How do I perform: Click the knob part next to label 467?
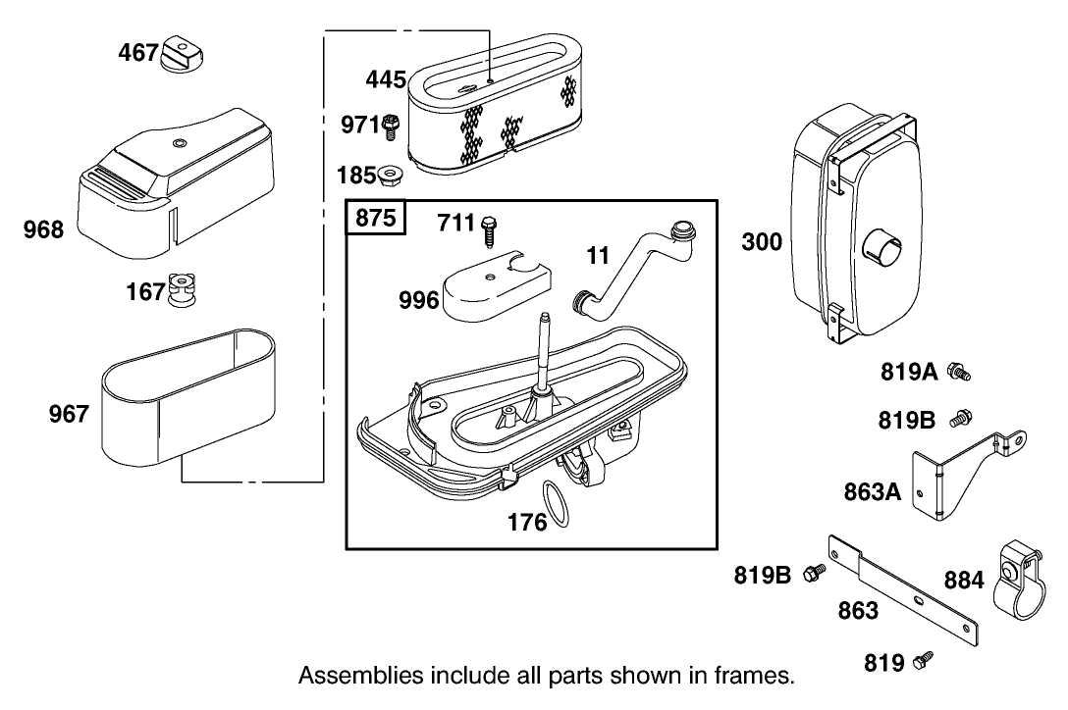[x=181, y=52]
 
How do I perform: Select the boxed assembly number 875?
[x=374, y=218]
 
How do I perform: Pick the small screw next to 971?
[x=391, y=125]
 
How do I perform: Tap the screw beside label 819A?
[x=958, y=372]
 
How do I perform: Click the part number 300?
[x=762, y=240]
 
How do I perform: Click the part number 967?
[x=69, y=415]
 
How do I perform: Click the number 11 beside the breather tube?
[x=598, y=257]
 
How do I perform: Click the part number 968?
[x=43, y=230]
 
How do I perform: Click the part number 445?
[x=386, y=78]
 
